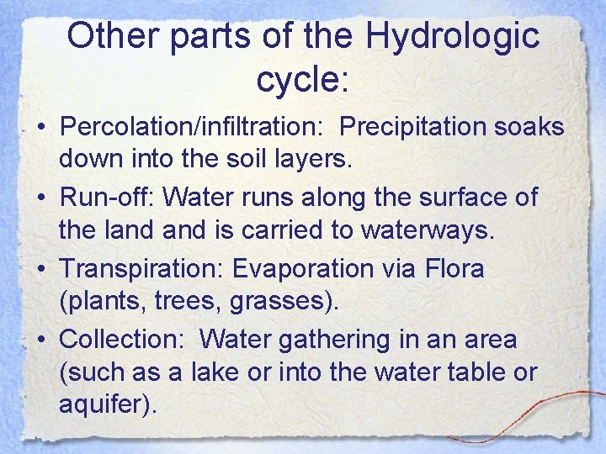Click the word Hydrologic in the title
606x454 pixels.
click(x=454, y=37)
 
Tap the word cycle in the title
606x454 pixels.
click(x=296, y=79)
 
